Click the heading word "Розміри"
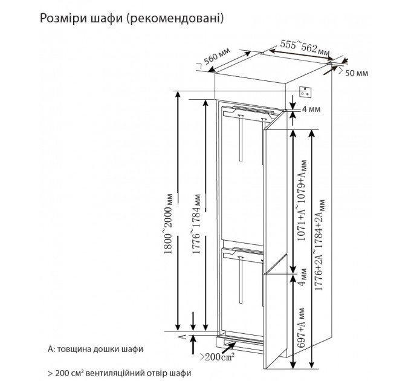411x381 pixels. [62, 19]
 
